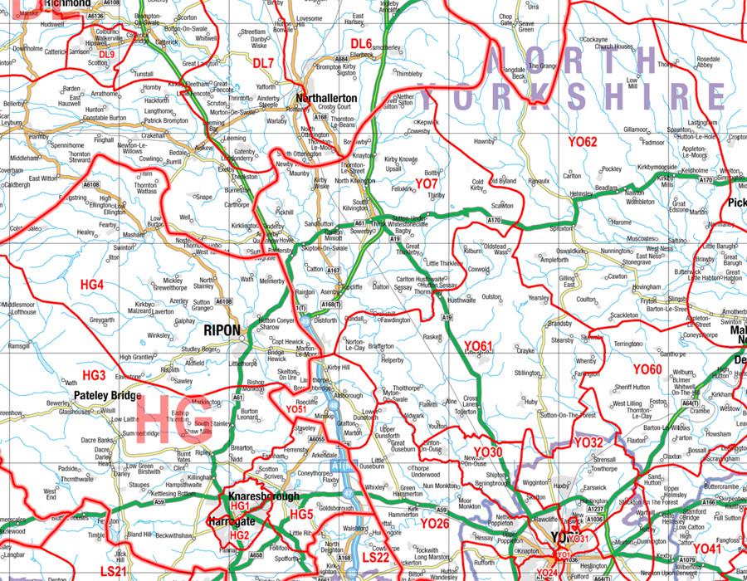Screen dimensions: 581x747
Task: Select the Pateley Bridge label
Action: (x=108, y=396)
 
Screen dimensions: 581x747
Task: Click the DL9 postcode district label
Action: (x=106, y=54)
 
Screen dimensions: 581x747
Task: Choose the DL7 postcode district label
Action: (x=262, y=63)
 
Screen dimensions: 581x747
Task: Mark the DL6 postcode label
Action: (x=361, y=43)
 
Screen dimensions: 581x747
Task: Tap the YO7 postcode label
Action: (x=427, y=183)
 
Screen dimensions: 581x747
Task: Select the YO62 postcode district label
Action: (x=583, y=142)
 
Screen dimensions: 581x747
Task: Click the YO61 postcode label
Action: (x=478, y=345)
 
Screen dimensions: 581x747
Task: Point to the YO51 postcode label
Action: (x=296, y=409)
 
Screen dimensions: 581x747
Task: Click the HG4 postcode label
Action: (x=92, y=285)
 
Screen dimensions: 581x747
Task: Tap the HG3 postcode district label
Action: (x=95, y=375)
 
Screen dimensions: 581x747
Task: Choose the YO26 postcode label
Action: (x=434, y=524)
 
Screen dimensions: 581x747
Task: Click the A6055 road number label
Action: (x=316, y=439)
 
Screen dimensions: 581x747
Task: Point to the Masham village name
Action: (x=134, y=236)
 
